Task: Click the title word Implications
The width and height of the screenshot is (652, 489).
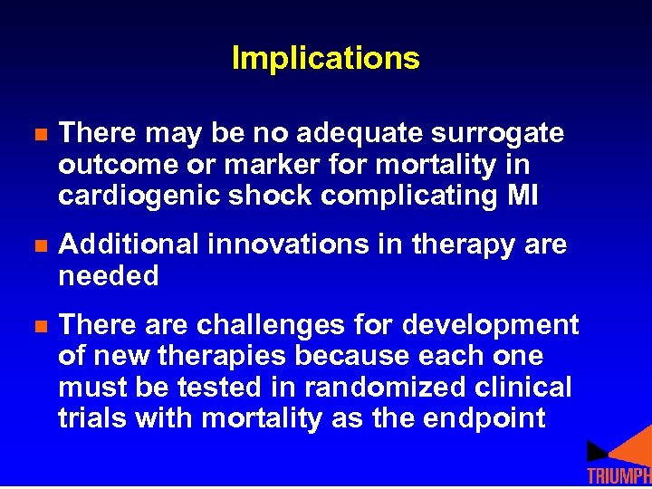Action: [326, 59]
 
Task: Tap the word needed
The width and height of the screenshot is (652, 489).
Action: [109, 276]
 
